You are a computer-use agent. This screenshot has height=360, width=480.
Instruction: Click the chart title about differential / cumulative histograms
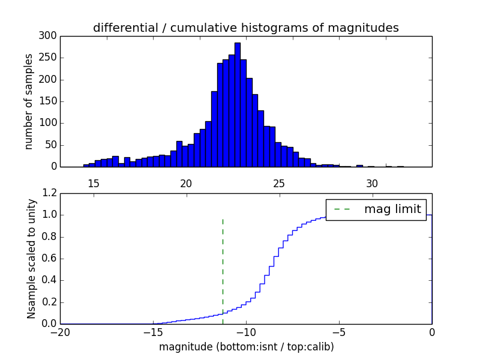(245, 28)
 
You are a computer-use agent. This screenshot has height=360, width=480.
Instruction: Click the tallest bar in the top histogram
(238, 105)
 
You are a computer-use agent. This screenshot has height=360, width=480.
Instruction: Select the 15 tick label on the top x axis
(94, 183)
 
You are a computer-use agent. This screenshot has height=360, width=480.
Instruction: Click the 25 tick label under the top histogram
(278, 183)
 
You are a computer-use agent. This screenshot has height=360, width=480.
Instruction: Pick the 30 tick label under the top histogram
(372, 183)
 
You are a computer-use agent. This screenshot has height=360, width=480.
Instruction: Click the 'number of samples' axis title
(29, 101)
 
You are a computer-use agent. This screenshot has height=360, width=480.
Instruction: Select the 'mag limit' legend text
(392, 209)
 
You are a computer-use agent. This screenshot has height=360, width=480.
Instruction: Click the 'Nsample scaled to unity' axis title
(31, 259)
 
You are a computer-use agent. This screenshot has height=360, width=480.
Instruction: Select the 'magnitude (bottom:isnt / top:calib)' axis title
(246, 347)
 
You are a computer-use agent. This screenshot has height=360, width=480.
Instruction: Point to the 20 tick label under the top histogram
(186, 183)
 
